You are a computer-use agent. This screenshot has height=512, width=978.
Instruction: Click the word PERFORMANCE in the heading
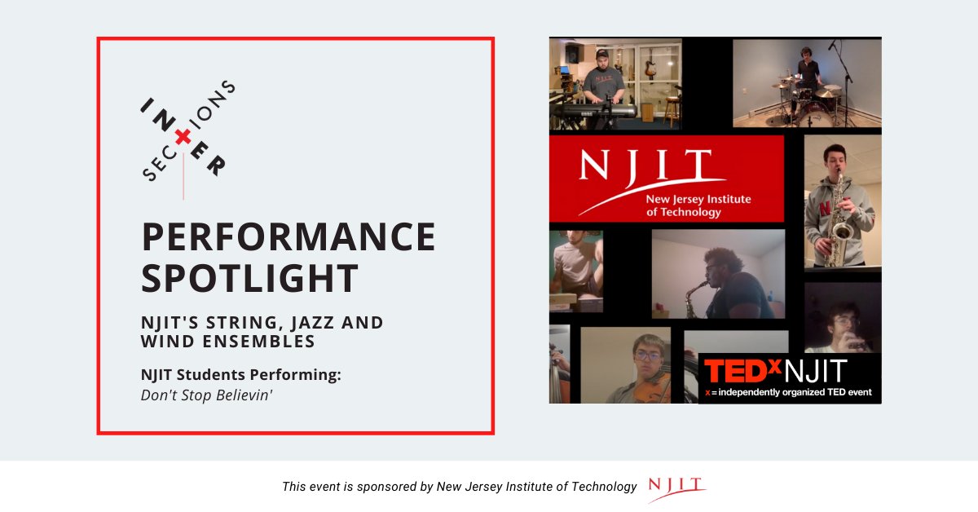point(289,237)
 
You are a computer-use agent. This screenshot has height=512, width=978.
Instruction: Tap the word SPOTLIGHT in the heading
point(250,278)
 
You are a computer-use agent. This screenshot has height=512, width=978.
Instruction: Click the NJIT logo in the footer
point(676,487)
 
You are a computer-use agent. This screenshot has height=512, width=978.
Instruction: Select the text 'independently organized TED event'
point(795,393)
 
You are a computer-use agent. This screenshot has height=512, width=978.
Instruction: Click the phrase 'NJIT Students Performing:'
point(240,375)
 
